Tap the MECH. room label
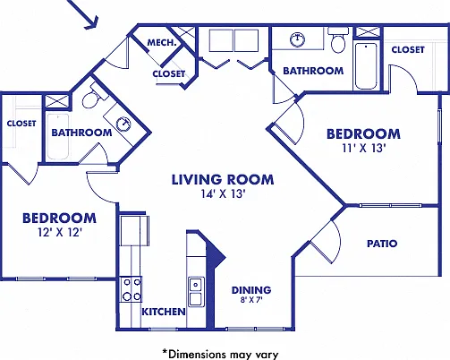tap(162, 43)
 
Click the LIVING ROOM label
tap(223, 179)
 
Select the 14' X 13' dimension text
tap(223, 194)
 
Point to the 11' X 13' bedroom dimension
tap(364, 148)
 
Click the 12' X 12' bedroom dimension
tap(60, 232)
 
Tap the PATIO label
tap(382, 244)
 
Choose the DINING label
tap(251, 290)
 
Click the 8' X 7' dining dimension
tap(251, 300)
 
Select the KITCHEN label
tap(164, 312)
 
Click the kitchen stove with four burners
tap(131, 289)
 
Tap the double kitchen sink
tap(196, 292)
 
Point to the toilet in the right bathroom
tap(338, 39)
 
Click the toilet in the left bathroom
tap(93, 97)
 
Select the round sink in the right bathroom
tap(298, 39)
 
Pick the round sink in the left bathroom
tap(123, 124)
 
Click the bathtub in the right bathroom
tap(366, 66)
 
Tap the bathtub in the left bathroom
tap(58, 137)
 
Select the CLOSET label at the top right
tap(408, 49)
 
